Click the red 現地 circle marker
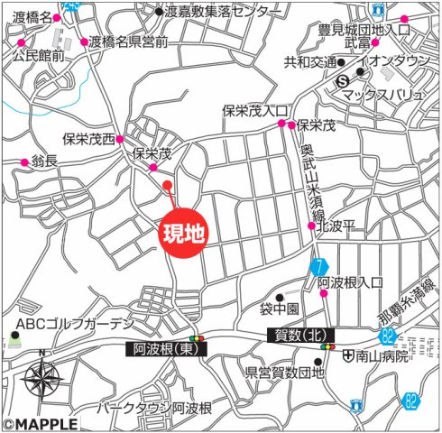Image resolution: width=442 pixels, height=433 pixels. (x=183, y=233)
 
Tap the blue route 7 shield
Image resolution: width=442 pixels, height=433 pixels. (x=318, y=267)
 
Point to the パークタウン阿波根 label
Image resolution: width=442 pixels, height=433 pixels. (x=155, y=409)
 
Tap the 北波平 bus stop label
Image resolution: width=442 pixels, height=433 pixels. (x=341, y=226)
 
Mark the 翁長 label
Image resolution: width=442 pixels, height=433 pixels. (x=46, y=161)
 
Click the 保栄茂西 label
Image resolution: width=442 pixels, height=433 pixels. (x=90, y=139)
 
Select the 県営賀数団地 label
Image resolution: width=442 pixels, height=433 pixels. (x=285, y=370)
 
